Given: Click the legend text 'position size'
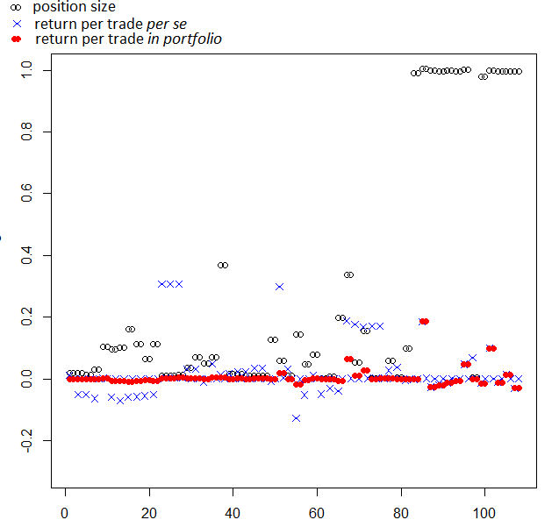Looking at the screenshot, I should tap(74, 8).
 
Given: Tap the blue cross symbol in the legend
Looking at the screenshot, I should tap(16, 24).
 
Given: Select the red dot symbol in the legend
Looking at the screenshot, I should tap(15, 39).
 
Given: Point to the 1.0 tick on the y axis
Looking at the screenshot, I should tap(27, 69).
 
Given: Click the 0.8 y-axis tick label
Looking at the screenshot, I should tap(27, 132).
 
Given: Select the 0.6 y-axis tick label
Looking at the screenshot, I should tap(27, 193).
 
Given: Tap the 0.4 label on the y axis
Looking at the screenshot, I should tap(27, 255).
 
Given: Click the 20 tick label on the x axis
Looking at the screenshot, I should tap(148, 511).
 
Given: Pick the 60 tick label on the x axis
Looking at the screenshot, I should tap(316, 511).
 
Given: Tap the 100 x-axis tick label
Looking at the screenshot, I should tap(484, 511).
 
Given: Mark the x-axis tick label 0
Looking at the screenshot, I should tap(65, 511).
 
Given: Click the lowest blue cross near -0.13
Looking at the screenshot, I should tap(296, 418).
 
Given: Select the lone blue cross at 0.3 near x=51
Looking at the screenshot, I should tap(279, 287).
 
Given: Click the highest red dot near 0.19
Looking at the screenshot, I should tap(424, 322).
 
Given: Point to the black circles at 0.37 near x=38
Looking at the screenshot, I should tap(223, 265).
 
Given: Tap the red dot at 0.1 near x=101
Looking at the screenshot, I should tap(491, 348).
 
